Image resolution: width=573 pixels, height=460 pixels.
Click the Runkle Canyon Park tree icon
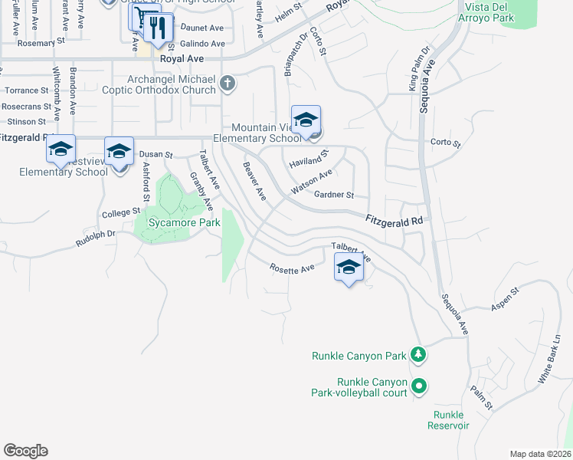[x=417, y=355]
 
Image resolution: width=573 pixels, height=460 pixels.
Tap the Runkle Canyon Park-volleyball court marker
[x=418, y=386]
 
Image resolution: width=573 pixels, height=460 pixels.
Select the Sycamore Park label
[x=177, y=223]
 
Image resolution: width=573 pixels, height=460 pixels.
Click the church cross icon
[x=228, y=83]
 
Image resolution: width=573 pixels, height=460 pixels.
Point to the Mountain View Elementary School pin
[x=306, y=121]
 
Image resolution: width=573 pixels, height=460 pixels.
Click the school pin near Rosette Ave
[x=349, y=268]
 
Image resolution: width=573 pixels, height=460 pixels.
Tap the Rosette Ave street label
[x=292, y=268]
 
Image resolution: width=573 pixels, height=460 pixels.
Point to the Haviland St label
[x=308, y=159]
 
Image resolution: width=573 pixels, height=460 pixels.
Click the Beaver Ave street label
[x=254, y=182]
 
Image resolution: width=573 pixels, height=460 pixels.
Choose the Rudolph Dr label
[x=95, y=238]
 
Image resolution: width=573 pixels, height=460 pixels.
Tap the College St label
[x=123, y=212]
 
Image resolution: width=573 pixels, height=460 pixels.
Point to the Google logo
[x=25, y=451]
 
